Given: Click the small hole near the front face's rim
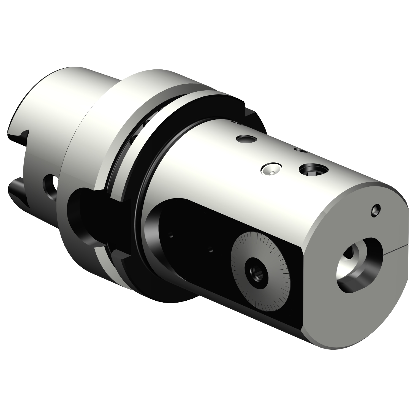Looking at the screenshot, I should point(376,209).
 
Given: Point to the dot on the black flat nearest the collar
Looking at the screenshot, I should point(172,235).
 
